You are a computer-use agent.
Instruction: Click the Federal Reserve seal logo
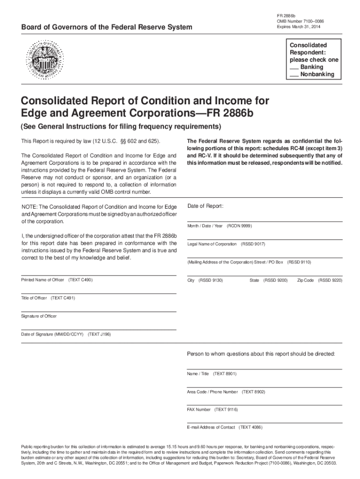pos(46,59)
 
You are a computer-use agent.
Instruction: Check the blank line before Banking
pos(294,67)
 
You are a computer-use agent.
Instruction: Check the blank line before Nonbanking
pos(294,74)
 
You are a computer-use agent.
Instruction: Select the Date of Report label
pos(205,206)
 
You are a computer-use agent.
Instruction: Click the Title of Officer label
pos(35,298)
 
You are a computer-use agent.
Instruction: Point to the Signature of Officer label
pos(39,316)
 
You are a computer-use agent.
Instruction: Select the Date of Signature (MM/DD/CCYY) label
pos(52,334)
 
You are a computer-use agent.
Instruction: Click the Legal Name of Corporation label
pos(212,244)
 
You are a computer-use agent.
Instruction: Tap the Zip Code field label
pos(305,280)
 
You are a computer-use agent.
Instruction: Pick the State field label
pos(254,280)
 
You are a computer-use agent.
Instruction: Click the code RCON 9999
pos(239,226)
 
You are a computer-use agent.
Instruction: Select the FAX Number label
pos(199,409)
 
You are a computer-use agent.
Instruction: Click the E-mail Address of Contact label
pos(211,428)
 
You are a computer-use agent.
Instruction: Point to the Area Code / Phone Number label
pos(212,392)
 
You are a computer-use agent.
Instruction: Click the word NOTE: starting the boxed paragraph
pos(29,206)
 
